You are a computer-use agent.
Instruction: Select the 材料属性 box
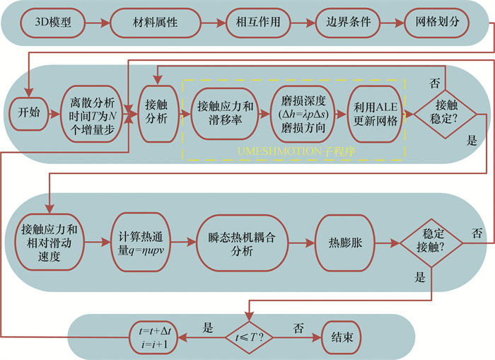[x=153, y=23]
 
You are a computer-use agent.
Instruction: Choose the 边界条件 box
[x=345, y=23]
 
